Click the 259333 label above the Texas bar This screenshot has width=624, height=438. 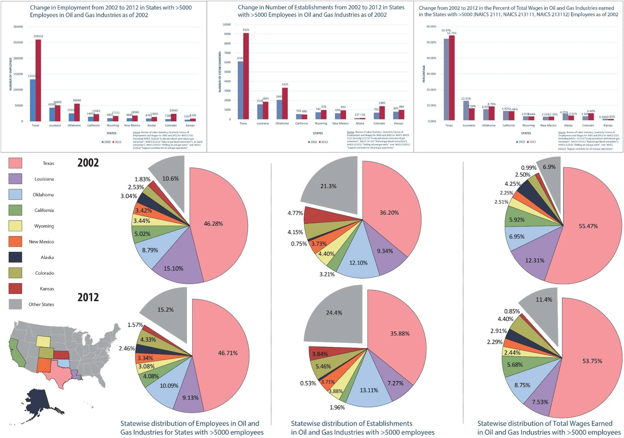point(38,36)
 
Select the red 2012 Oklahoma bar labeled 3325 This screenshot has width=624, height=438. point(285,103)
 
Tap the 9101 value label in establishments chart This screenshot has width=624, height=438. point(246,30)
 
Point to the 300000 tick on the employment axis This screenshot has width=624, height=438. point(18,27)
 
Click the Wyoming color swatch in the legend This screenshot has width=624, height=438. point(15,226)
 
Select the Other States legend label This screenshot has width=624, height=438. point(41,304)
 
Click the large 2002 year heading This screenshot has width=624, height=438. point(88,163)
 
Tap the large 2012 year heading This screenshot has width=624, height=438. point(88,297)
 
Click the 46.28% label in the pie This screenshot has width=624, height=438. point(213,224)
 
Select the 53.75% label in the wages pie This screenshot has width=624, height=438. point(592,361)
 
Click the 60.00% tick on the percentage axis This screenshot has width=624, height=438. point(431,27)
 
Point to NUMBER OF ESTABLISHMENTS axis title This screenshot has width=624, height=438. point(220,72)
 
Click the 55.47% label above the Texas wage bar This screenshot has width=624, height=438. point(446,31)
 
